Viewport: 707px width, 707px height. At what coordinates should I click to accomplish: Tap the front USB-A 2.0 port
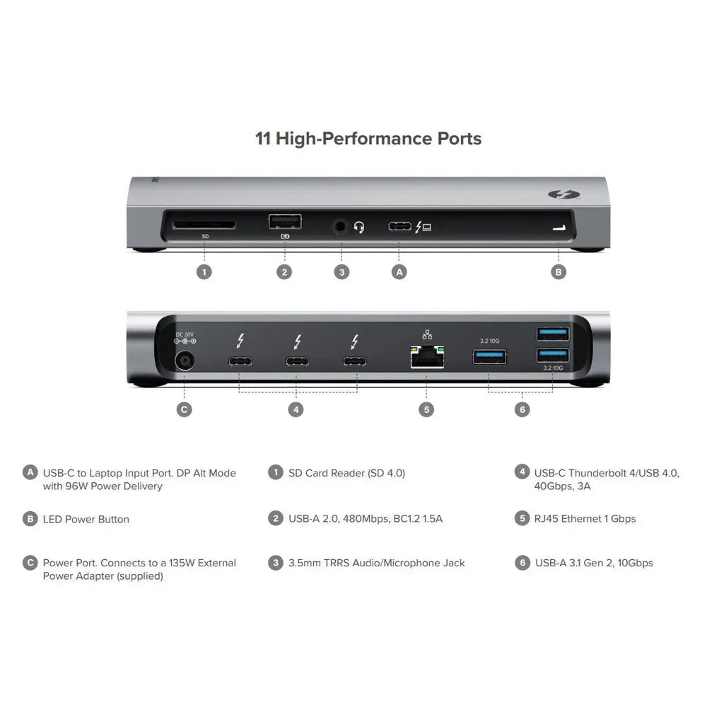pos(284,222)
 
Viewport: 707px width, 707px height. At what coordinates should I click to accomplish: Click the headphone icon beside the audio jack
pos(359,228)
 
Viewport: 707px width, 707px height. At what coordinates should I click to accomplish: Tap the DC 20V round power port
pos(184,361)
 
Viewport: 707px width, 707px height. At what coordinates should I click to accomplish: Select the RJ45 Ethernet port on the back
pos(426,358)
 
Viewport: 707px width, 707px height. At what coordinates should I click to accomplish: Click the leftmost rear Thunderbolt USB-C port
pos(240,362)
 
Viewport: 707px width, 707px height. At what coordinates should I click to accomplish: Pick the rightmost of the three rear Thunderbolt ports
pos(355,362)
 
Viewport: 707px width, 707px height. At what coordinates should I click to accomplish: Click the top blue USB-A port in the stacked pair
pos(552,333)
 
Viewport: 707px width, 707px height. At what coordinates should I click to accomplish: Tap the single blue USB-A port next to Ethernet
pos(489,356)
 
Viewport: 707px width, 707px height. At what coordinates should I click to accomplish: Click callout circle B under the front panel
pos(559,271)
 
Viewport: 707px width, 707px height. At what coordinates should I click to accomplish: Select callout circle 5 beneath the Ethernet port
pos(426,409)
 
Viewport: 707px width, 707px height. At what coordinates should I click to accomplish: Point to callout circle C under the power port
pos(184,409)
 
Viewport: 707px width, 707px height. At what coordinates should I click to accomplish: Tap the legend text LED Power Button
pos(86,519)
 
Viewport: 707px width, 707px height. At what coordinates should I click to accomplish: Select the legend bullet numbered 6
pos(522,563)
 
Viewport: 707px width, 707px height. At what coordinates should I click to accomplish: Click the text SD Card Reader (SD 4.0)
pos(346,473)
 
